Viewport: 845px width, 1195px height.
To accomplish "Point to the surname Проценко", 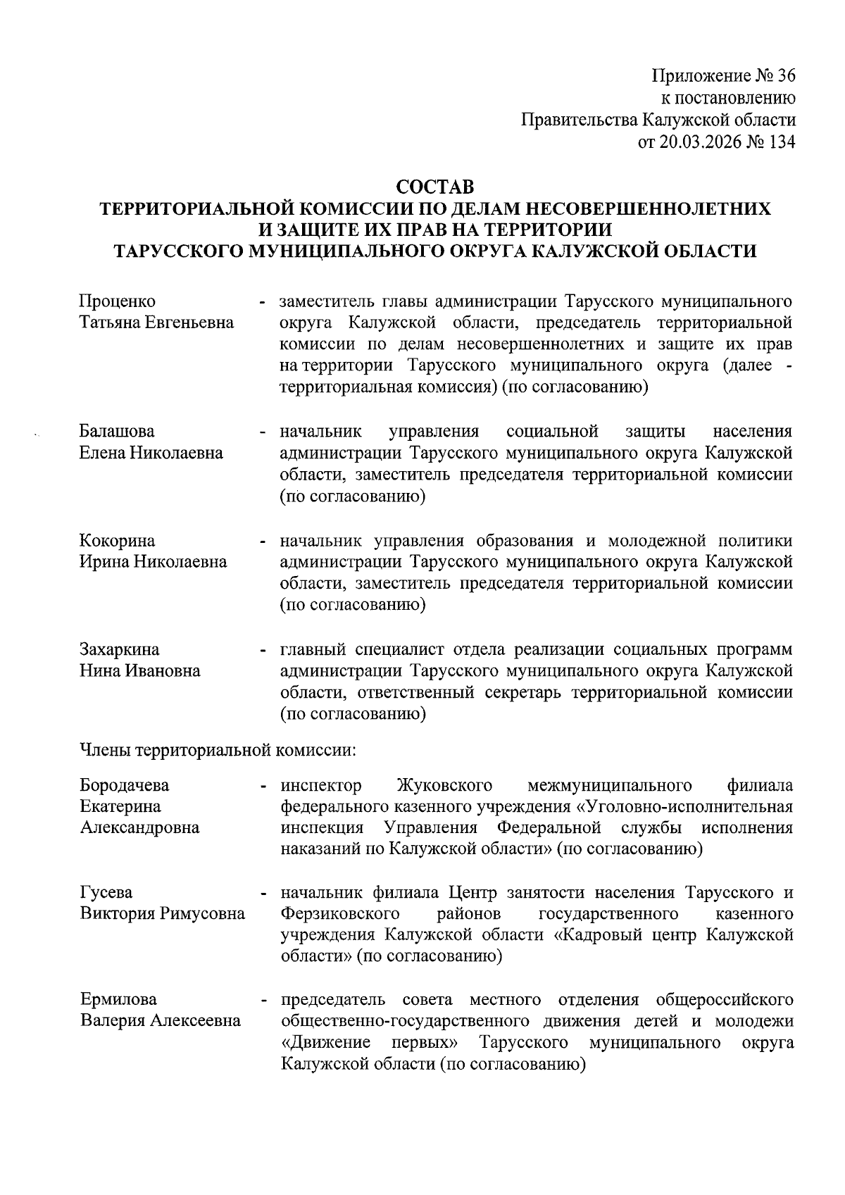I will (118, 302).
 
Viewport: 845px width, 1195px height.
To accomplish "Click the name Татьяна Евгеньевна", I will (156, 323).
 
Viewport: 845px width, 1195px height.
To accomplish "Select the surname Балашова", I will (117, 431).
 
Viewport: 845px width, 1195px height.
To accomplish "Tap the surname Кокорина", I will (118, 541).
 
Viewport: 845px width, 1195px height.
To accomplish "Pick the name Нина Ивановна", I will (139, 670).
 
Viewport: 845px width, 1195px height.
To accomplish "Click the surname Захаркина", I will (119, 649).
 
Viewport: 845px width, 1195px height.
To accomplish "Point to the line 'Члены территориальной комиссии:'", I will (218, 751).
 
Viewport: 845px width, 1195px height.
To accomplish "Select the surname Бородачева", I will (125, 785).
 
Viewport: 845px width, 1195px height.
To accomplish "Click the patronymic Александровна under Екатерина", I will (139, 827).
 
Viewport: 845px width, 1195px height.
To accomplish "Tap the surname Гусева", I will (106, 893).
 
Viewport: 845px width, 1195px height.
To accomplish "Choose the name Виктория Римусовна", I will (162, 914).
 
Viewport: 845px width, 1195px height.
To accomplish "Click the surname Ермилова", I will (118, 1000).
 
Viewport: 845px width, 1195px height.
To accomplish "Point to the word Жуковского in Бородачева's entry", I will (444, 785).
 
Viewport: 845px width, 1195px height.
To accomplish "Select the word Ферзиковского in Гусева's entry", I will (340, 914).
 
